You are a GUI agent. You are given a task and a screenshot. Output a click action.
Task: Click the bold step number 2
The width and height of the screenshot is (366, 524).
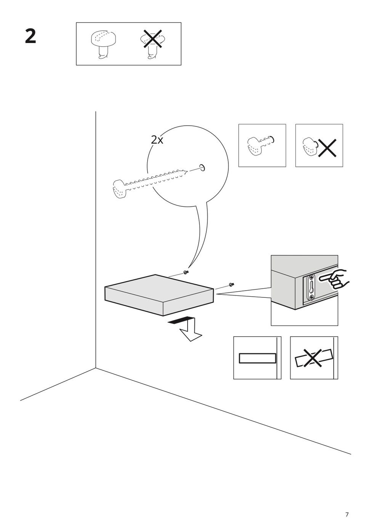30,36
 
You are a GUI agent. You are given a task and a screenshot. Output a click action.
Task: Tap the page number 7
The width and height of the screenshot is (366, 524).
347,506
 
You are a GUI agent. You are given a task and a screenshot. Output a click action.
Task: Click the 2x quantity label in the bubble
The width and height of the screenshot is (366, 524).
157,140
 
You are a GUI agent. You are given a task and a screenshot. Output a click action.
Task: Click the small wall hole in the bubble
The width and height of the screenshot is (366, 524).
202,167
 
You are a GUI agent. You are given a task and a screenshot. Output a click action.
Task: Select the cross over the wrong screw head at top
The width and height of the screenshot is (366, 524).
152,39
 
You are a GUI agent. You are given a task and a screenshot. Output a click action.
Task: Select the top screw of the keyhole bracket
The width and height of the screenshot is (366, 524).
311,278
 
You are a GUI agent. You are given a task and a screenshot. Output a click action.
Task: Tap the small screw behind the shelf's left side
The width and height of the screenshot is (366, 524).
186,272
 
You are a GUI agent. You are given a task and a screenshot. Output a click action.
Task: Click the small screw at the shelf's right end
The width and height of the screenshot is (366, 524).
231,284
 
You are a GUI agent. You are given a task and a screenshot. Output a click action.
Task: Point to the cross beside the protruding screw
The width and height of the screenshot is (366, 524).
327,148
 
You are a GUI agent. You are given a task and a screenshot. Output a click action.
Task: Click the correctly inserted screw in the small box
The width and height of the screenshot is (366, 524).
260,145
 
